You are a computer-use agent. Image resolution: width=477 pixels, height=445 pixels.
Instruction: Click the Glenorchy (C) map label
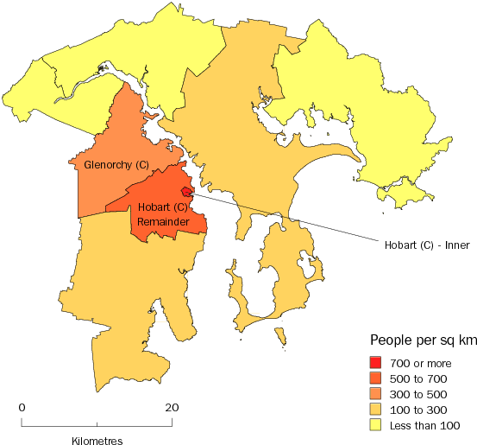[x=115, y=164]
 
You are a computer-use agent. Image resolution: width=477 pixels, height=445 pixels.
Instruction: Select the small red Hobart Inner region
[x=185, y=192]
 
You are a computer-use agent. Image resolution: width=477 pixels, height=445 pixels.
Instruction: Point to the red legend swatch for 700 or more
[x=375, y=363]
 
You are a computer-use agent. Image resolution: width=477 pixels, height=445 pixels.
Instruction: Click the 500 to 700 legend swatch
[x=375, y=378]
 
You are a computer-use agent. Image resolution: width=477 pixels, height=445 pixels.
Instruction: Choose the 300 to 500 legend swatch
[x=375, y=394]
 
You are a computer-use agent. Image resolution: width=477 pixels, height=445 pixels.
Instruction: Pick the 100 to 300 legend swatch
[x=375, y=410]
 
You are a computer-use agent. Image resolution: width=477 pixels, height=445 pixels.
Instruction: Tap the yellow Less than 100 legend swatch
[x=375, y=425]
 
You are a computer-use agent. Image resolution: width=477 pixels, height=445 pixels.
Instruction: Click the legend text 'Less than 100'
[x=424, y=425]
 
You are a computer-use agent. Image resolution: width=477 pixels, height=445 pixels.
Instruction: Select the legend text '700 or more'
[x=420, y=363]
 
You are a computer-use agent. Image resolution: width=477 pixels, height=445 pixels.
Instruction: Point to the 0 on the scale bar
[x=22, y=407]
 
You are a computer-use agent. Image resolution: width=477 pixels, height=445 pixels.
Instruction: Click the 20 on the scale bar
[x=173, y=407]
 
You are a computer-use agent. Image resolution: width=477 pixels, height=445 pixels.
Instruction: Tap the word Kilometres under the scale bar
[x=97, y=440]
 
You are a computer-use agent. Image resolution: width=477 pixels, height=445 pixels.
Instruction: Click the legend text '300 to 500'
[x=418, y=394]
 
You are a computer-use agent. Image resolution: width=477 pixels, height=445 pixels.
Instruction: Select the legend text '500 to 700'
[x=418, y=378]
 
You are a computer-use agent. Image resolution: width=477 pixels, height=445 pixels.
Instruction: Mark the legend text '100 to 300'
[x=418, y=410]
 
